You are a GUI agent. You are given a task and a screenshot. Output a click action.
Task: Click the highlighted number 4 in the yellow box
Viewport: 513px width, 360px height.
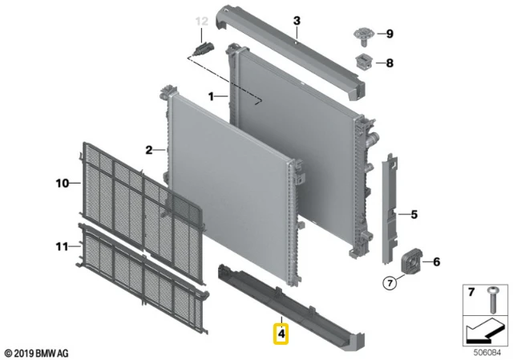coord(281,334)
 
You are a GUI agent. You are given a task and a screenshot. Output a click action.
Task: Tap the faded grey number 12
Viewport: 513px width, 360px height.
coord(201,22)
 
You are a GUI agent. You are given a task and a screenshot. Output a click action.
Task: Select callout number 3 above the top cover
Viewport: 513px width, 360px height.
coord(297,21)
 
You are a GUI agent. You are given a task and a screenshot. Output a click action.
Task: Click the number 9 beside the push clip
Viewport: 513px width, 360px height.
coord(390,34)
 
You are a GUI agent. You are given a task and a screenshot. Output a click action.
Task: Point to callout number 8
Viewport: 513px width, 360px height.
coord(390,63)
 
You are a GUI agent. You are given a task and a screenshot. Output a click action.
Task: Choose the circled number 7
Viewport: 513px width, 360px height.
coord(390,283)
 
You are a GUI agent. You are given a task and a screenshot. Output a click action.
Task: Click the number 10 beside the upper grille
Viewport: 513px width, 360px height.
coord(63,184)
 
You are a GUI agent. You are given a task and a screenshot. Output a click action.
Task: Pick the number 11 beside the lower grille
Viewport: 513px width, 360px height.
coord(63,246)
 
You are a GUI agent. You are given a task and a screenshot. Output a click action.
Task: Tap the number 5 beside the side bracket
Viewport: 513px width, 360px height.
coord(414,215)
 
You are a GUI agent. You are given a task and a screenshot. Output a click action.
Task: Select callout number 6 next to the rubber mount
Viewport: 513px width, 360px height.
coord(436,262)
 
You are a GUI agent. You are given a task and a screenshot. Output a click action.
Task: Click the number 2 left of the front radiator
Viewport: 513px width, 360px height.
coord(149,150)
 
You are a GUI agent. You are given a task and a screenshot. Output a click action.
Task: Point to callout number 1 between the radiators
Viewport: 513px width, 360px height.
coord(211,96)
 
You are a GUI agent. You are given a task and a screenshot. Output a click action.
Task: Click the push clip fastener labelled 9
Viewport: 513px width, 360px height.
coord(364,37)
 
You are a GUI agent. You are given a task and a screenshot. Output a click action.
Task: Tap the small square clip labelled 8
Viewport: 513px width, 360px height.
coord(364,62)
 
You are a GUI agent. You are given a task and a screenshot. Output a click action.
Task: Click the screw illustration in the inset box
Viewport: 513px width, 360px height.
coord(491,300)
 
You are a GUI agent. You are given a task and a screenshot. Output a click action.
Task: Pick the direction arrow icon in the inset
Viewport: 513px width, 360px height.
coord(486,331)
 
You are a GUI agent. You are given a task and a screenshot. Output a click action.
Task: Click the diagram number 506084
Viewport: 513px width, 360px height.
coord(487,353)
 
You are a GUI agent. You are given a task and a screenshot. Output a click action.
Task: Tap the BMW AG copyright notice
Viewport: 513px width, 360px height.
coord(37,354)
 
